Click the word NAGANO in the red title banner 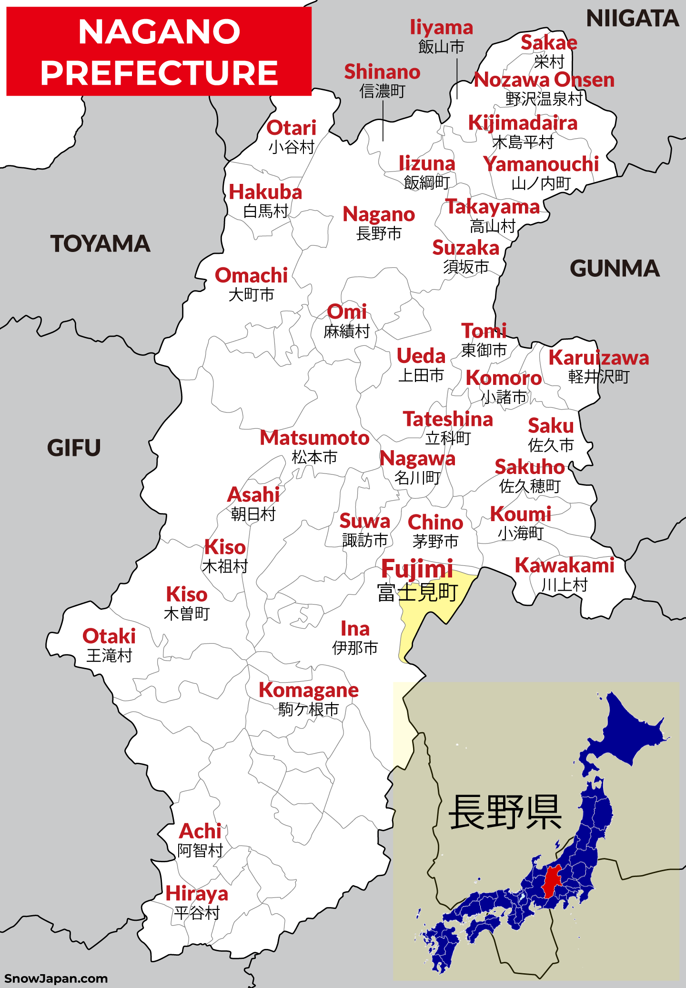coord(159,32)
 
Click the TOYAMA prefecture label coord(100,244)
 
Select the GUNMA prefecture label coord(615,269)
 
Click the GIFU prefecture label coord(74,448)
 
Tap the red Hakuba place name coord(265,192)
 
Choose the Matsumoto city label coord(314,438)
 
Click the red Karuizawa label coord(598,358)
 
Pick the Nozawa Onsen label coord(544,80)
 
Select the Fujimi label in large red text coord(417,569)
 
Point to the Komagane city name coord(308,690)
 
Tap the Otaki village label coord(109,636)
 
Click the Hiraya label coord(196,894)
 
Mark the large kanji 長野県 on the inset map coord(505,812)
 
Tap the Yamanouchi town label coord(541,164)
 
